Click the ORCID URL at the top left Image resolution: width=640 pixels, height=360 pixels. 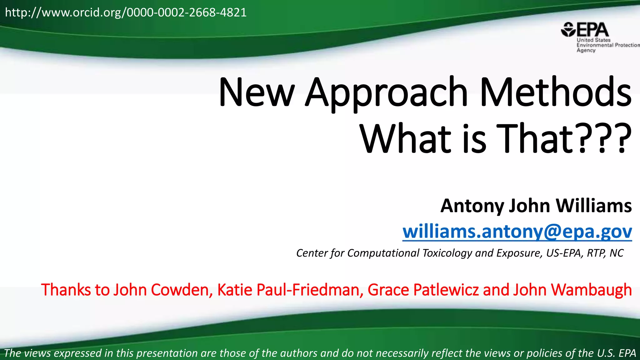pos(126,13)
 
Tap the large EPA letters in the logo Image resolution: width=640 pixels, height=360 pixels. pos(593,30)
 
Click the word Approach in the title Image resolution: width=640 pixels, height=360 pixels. pos(387,93)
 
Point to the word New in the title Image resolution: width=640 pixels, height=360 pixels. pos(256,93)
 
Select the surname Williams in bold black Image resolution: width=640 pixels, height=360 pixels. pos(594,206)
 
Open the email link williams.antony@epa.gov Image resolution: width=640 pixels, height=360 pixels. pos(517,232)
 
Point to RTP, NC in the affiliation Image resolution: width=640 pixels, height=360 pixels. pos(605,253)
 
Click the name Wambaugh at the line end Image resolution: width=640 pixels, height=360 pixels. pos(591,290)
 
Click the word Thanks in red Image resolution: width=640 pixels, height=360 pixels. pos(66,290)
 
